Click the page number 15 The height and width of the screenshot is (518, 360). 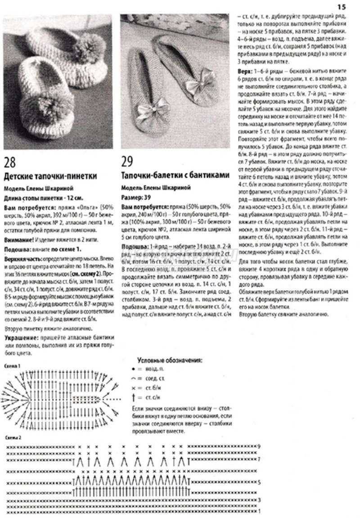tap(341, 6)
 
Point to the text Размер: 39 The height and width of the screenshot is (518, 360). tap(136, 197)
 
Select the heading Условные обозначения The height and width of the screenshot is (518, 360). tap(169, 360)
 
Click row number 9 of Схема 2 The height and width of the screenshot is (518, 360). tap(260, 446)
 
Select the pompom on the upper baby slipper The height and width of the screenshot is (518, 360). tap(93, 44)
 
